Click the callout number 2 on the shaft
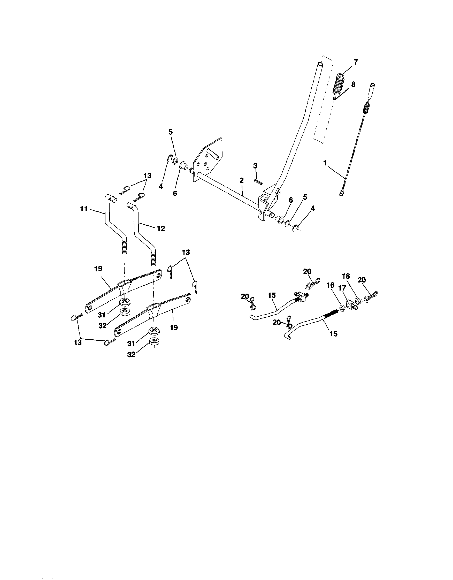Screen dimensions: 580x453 (x=241, y=180)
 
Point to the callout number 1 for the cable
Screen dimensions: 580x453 (x=325, y=163)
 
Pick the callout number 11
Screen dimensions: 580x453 (x=84, y=209)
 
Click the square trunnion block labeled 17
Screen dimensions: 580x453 (x=350, y=303)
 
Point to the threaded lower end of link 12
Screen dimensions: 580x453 (x=153, y=258)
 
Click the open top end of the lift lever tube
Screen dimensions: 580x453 (x=321, y=64)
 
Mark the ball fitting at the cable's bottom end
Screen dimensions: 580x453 (x=341, y=195)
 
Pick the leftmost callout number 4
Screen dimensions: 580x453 (x=161, y=186)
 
